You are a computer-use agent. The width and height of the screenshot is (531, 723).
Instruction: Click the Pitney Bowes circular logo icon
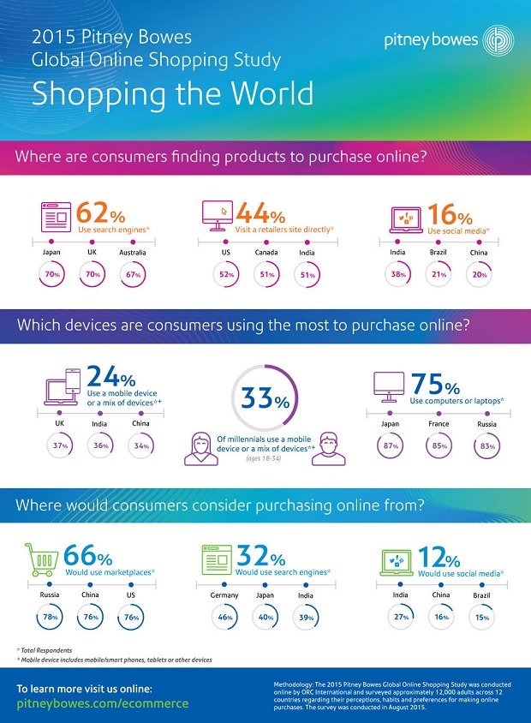tap(497, 40)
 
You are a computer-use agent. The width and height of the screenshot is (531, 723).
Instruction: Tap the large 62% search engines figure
tap(98, 212)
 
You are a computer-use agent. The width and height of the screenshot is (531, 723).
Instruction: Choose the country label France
tap(439, 422)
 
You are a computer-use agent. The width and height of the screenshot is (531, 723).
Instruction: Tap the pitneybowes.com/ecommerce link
tap(103, 702)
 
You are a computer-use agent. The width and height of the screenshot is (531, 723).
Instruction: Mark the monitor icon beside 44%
tap(216, 215)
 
